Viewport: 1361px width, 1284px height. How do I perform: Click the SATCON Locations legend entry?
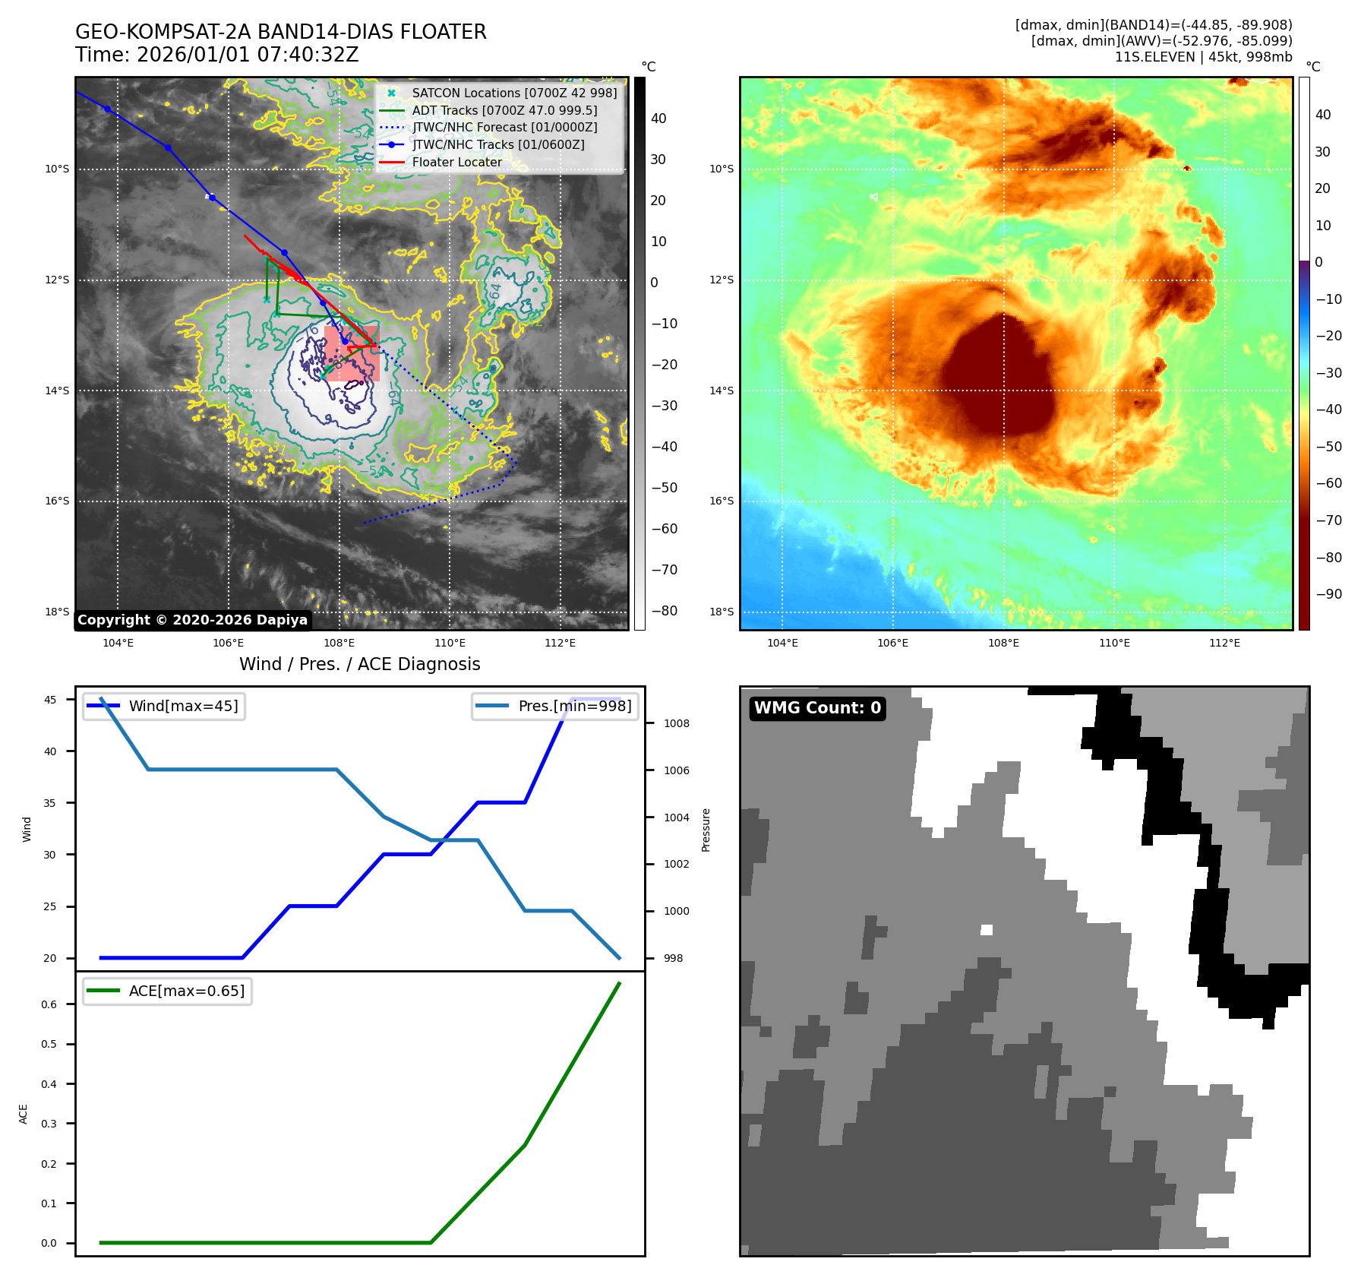click(x=514, y=93)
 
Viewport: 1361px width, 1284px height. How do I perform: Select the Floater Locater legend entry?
click(x=456, y=162)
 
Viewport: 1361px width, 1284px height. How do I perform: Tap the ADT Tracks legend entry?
click(x=504, y=110)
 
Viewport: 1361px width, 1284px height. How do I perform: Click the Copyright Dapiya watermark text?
click(x=192, y=620)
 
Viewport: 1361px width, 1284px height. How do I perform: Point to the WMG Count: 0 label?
click(x=817, y=708)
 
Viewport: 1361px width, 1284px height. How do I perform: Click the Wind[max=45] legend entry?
click(x=183, y=706)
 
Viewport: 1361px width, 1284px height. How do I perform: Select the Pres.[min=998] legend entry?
click(x=574, y=706)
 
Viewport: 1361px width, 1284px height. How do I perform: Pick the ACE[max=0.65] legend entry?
click(x=186, y=991)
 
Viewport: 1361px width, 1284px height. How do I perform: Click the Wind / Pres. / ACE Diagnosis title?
click(x=360, y=664)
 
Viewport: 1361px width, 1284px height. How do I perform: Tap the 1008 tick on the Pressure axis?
click(x=676, y=723)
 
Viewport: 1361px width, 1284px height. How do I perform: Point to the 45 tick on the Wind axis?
click(x=50, y=700)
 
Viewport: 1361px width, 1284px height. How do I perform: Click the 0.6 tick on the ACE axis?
click(x=49, y=1004)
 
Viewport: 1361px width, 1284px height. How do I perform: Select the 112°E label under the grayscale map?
click(x=560, y=643)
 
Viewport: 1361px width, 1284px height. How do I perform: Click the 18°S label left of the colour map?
click(x=722, y=612)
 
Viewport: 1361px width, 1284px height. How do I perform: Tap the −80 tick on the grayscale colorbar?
click(x=664, y=611)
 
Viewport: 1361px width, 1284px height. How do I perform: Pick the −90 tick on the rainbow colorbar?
click(x=1328, y=594)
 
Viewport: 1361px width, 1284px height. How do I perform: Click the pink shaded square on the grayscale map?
click(x=352, y=353)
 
